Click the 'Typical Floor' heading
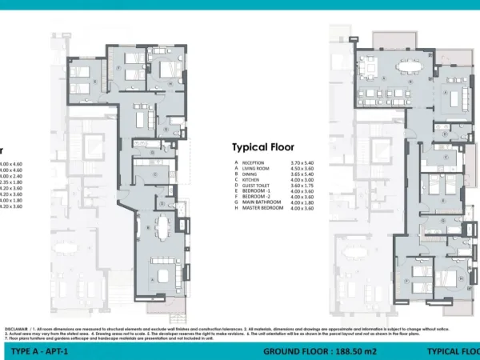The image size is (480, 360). pyautogui.click(x=263, y=147)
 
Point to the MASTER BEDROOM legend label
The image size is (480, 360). pyautogui.click(x=262, y=207)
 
